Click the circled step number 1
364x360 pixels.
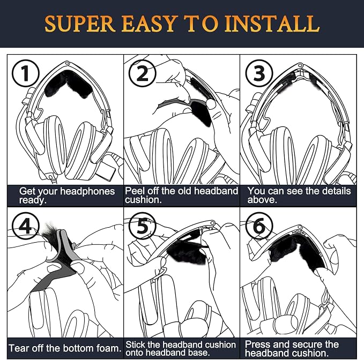coord(25,73)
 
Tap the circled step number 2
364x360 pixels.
coord(142,73)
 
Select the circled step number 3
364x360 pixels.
coord(259,73)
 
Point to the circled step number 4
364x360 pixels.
coord(25,226)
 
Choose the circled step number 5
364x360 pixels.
coord(142,226)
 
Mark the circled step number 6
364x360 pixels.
coord(259,226)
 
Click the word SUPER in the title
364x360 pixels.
coord(80,24)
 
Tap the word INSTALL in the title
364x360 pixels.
coord(272,24)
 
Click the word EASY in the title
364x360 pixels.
coord(149,24)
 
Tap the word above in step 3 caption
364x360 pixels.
coord(262,199)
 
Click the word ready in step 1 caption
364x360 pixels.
coord(33,200)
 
